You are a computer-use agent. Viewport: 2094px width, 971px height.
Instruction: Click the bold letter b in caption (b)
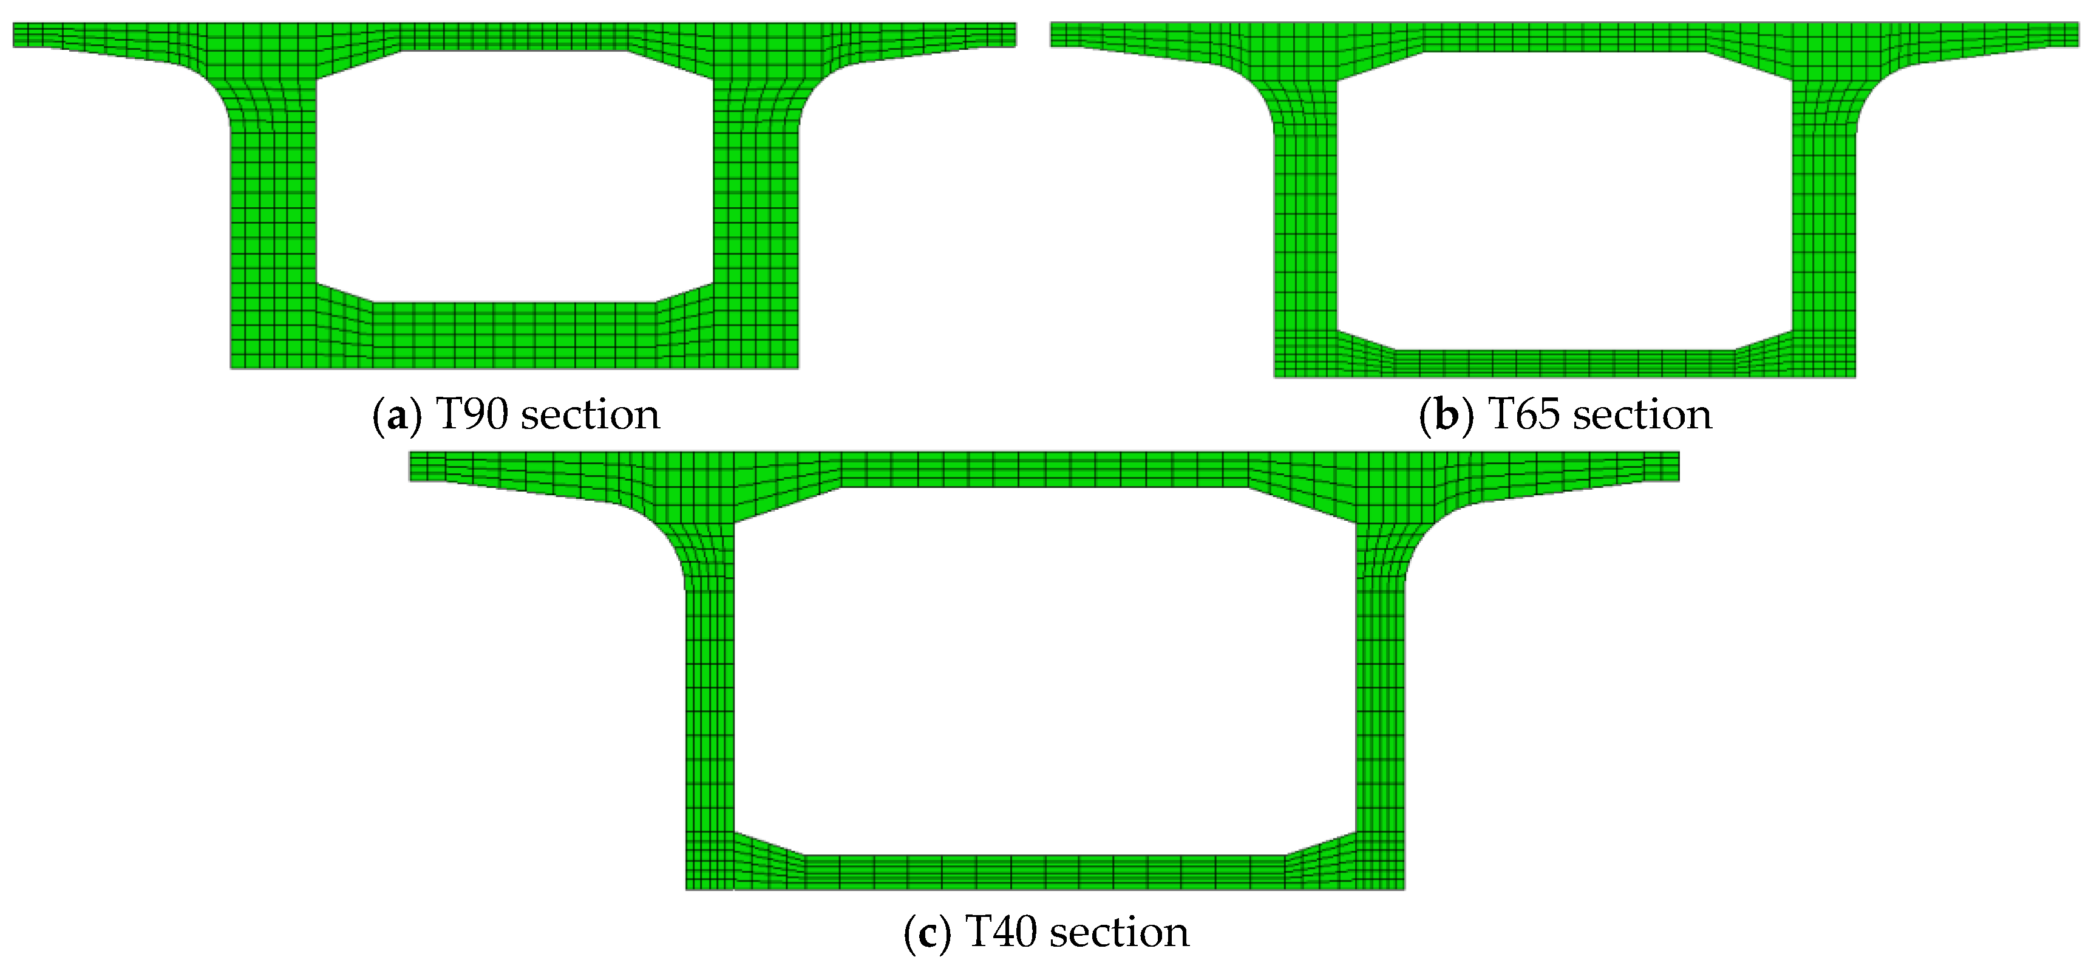pyautogui.click(x=1447, y=416)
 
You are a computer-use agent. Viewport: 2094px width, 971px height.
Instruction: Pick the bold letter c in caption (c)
pyautogui.click(x=926, y=933)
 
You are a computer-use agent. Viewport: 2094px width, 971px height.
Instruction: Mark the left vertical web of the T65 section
pyautogui.click(x=1305, y=236)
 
